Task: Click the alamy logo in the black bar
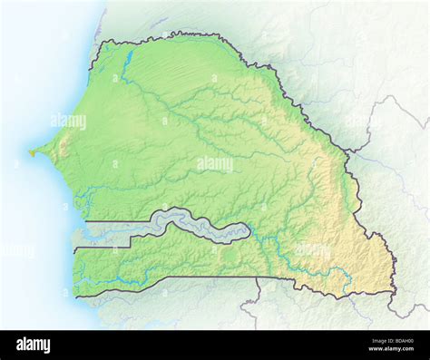[x=34, y=345]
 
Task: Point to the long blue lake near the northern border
[x=128, y=60]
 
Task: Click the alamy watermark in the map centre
[x=214, y=163]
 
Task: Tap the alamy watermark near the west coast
[x=69, y=121]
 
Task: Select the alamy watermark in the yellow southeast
[x=313, y=249]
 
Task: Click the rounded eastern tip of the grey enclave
[x=247, y=233]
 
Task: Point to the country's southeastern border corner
[x=395, y=291]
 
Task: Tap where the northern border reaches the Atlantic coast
[x=100, y=44]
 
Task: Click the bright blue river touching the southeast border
[x=345, y=277]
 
